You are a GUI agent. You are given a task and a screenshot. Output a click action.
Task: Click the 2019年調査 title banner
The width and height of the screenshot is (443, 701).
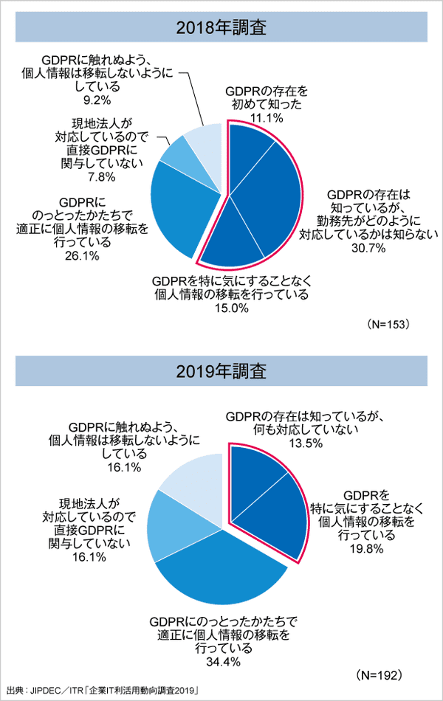click(221, 370)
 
